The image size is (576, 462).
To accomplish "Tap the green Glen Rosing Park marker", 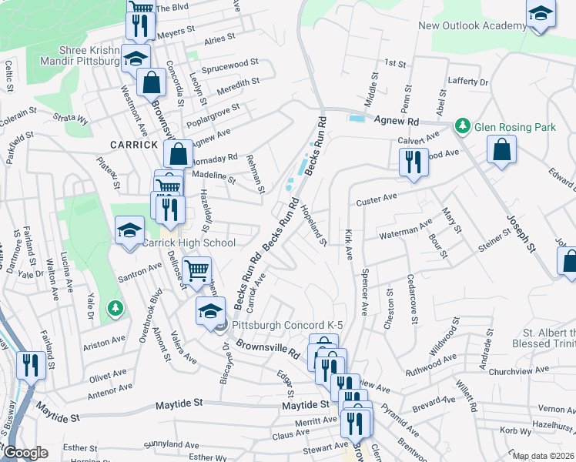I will click(x=463, y=126).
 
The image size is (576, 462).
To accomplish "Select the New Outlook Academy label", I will click(x=472, y=26).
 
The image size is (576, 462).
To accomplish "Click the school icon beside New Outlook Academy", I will click(x=541, y=14).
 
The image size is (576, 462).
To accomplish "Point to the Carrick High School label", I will click(x=189, y=243).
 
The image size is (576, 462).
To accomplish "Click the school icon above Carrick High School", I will click(x=129, y=230).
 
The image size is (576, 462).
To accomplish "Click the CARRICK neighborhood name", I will click(x=134, y=144).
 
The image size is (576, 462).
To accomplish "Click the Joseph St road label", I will click(x=521, y=236).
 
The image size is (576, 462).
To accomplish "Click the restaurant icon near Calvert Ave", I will click(x=413, y=162).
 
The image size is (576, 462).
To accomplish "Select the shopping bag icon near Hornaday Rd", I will click(x=178, y=153).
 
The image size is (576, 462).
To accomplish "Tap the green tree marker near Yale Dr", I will click(x=116, y=309).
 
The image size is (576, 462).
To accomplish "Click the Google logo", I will click(x=25, y=453).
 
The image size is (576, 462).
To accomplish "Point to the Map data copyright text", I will click(x=543, y=456).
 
